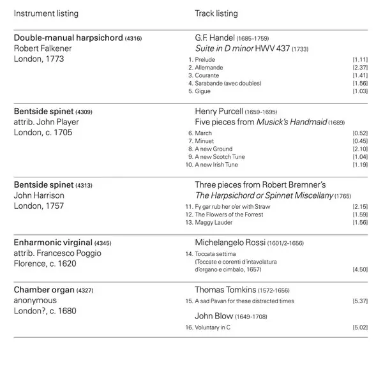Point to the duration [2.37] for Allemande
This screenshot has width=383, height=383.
[360, 68]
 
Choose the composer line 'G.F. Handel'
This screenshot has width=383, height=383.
[214, 38]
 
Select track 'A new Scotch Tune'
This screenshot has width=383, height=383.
[220, 157]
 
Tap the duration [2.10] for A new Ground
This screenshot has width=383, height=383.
[360, 149]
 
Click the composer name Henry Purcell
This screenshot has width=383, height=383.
[219, 110]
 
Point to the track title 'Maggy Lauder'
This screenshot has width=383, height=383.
[214, 222]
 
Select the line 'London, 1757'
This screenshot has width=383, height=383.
[39, 206]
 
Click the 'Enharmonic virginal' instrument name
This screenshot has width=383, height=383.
[53, 243]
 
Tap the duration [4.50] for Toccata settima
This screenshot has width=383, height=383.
[360, 269]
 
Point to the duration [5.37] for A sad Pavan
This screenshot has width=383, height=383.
[360, 301]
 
